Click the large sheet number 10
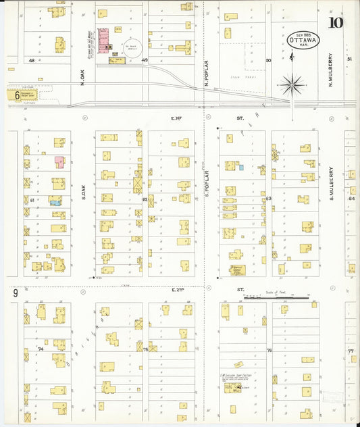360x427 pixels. [335, 24]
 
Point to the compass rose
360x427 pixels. [292, 84]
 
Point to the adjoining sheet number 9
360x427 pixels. [14, 293]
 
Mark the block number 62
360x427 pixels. [145, 200]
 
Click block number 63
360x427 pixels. [268, 199]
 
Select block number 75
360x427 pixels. [145, 349]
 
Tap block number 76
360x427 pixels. [268, 350]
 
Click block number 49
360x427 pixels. [145, 61]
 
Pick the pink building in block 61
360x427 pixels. [59, 162]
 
